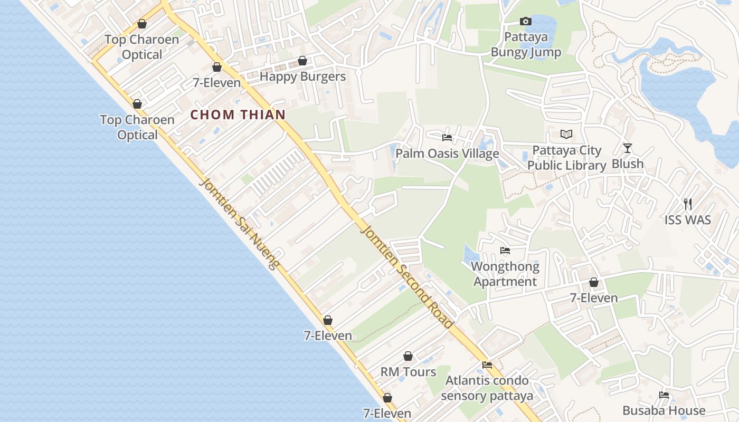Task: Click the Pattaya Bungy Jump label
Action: pyautogui.click(x=526, y=45)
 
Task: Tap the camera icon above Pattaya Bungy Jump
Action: pyautogui.click(x=526, y=21)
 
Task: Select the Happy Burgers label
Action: pyautogui.click(x=302, y=76)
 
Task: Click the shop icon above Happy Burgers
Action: pyautogui.click(x=302, y=61)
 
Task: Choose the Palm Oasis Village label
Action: pyautogui.click(x=447, y=154)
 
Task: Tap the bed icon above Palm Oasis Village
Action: pyautogui.click(x=447, y=138)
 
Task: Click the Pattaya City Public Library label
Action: pyautogui.click(x=567, y=158)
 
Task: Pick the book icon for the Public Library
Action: pyautogui.click(x=566, y=135)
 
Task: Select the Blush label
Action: pyautogui.click(x=628, y=164)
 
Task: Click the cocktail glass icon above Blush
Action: pyautogui.click(x=628, y=148)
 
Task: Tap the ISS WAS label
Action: pyautogui.click(x=687, y=219)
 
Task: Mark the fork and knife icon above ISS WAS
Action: pyautogui.click(x=687, y=204)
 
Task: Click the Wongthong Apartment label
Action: pyautogui.click(x=505, y=274)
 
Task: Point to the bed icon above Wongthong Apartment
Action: pyautogui.click(x=505, y=251)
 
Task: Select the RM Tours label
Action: pyautogui.click(x=408, y=372)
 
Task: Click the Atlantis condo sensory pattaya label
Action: pyautogui.click(x=487, y=388)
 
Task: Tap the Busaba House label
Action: pyautogui.click(x=664, y=410)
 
